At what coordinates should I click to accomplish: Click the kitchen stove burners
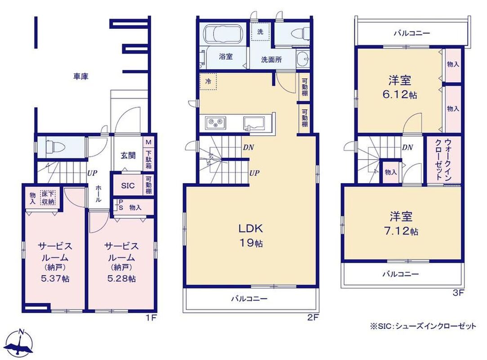click(216, 122)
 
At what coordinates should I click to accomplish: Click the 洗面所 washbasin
click(303, 58)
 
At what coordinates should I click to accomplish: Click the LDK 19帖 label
click(250, 236)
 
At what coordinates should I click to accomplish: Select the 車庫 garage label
click(81, 76)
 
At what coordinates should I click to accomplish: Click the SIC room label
click(128, 185)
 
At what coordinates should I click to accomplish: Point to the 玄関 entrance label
click(128, 155)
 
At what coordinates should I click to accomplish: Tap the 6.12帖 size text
click(400, 94)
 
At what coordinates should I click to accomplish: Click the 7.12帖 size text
click(400, 231)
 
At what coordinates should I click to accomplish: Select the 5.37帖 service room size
click(55, 278)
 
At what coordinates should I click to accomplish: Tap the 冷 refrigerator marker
click(208, 81)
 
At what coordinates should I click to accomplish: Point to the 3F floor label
click(458, 293)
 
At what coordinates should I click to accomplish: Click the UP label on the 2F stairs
click(255, 173)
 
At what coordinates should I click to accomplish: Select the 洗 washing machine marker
click(260, 31)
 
